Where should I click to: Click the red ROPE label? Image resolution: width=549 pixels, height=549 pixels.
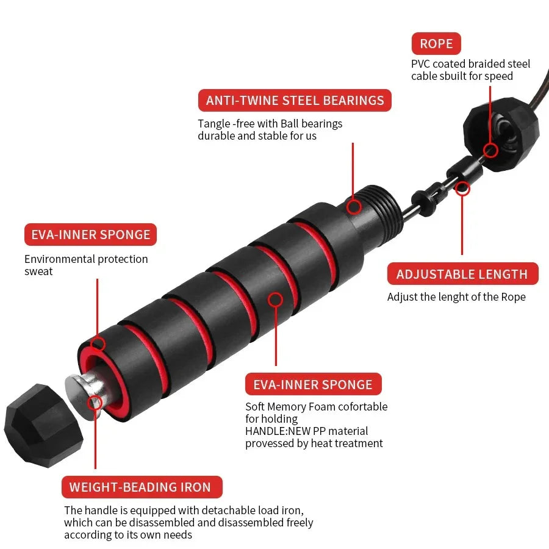point(436,44)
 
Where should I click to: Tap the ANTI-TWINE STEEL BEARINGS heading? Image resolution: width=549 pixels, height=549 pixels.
point(295,100)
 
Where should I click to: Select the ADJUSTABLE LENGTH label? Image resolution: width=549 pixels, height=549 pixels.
point(462,274)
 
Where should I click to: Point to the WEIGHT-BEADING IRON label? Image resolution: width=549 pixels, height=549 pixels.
point(140,487)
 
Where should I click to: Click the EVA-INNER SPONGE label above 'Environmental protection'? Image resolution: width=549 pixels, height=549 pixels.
point(90,235)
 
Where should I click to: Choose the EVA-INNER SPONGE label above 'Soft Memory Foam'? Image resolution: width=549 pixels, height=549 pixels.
point(312,384)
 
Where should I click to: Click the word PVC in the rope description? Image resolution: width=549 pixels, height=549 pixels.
point(421,64)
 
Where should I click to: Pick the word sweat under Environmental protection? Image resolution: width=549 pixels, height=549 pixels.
point(38,271)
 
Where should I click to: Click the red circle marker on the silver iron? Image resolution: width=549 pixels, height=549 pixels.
point(95,403)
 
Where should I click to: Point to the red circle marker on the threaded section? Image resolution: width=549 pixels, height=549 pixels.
point(354,206)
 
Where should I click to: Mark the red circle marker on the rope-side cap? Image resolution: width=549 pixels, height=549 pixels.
point(490,150)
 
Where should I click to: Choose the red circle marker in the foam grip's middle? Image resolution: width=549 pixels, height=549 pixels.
point(276,300)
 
